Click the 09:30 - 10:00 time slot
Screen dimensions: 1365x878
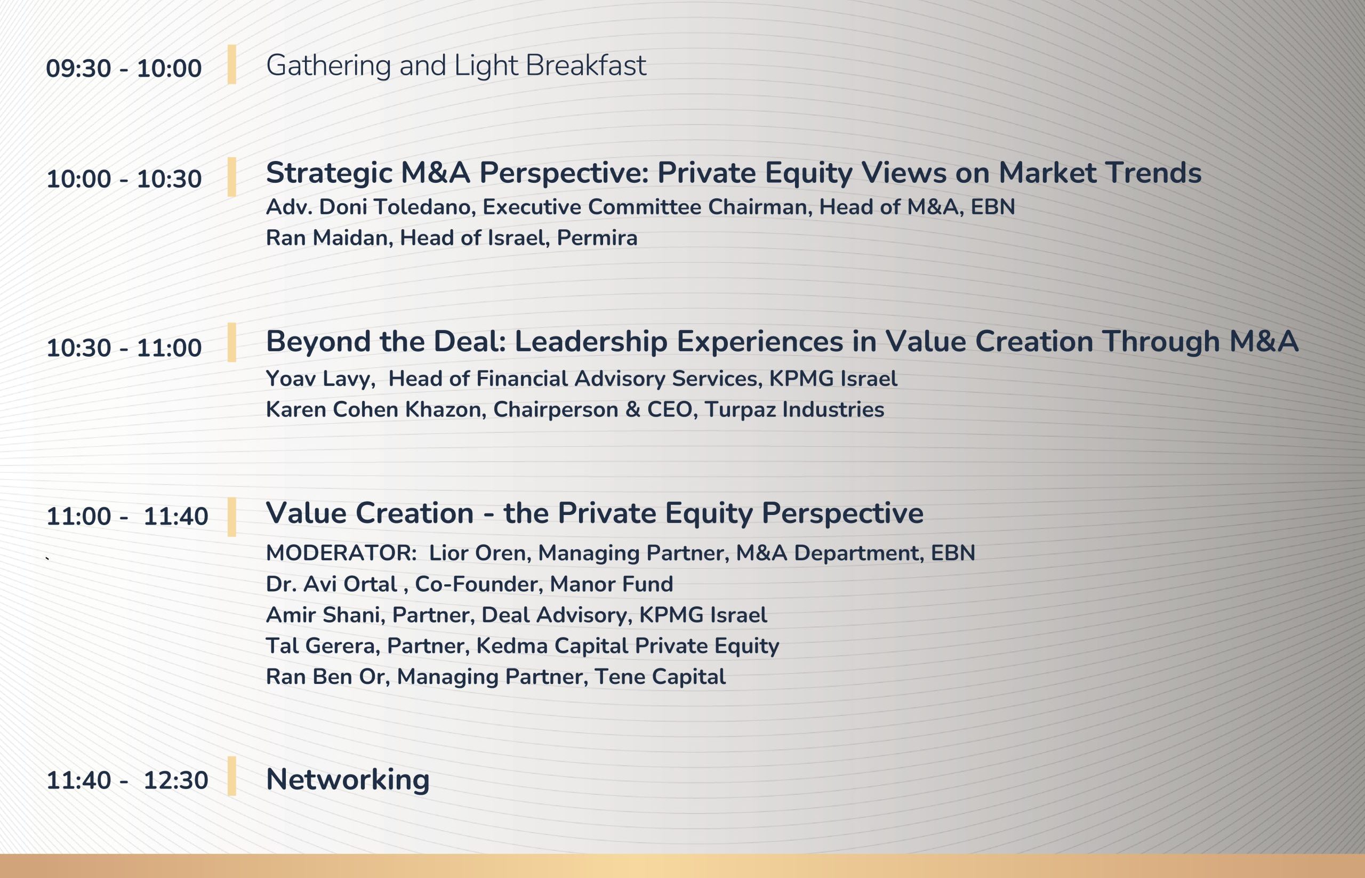[x=124, y=68]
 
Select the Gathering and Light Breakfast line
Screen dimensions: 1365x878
[x=456, y=65]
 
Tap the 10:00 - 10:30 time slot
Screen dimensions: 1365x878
[x=124, y=179]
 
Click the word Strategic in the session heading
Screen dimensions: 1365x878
[x=329, y=173]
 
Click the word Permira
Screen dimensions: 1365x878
[x=597, y=238]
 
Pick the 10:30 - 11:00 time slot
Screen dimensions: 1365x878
[x=124, y=348]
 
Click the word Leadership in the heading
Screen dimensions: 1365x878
[x=591, y=342]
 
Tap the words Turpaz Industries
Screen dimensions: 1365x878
[x=794, y=409]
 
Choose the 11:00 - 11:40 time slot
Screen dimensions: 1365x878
[x=127, y=517]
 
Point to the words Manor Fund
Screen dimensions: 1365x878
[x=611, y=584]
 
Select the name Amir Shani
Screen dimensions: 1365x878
[x=323, y=615]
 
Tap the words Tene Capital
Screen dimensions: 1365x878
[x=660, y=676]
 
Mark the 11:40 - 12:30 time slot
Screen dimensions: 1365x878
[x=127, y=780]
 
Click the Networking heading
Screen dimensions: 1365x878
[x=348, y=779]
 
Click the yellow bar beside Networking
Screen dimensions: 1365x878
[x=231, y=776]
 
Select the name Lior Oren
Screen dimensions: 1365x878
[x=477, y=553]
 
